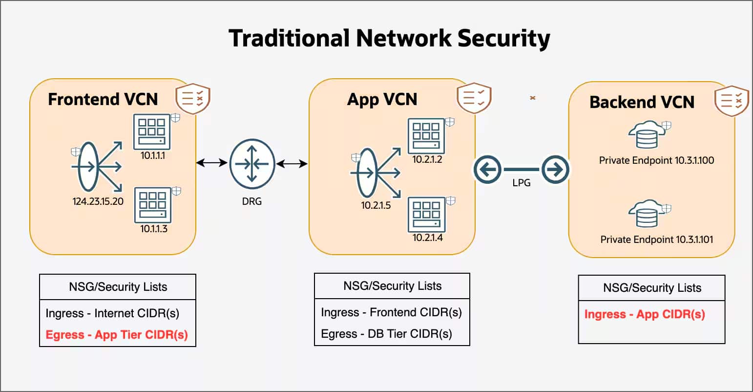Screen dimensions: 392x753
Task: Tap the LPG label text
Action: [x=521, y=183]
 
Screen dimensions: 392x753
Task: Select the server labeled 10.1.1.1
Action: [x=152, y=131]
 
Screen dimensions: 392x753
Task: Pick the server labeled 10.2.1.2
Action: [x=426, y=136]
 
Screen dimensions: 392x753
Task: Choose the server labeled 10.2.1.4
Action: [x=426, y=215]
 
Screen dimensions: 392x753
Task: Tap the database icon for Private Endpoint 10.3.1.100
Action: [x=647, y=135]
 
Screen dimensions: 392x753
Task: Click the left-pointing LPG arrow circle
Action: [x=487, y=170]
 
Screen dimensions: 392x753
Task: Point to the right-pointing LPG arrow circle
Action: [x=555, y=170]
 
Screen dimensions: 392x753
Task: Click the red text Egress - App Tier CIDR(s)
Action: [x=117, y=335]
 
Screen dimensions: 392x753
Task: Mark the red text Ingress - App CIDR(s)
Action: [x=645, y=314]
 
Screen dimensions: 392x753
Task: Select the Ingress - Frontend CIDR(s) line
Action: [x=391, y=312]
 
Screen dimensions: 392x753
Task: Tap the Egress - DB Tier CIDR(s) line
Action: [x=386, y=334]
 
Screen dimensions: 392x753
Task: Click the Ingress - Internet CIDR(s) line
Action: [x=112, y=313]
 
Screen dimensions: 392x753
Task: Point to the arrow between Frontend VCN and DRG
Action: [x=212, y=162]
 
